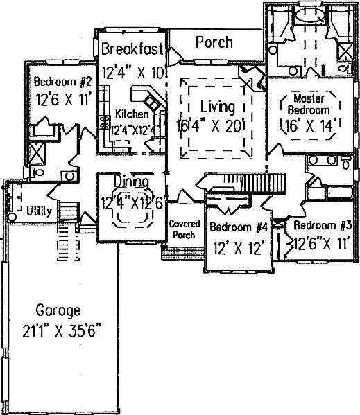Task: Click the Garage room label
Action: [x=58, y=310]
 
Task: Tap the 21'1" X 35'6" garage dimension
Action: [x=62, y=331]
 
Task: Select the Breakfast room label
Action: [x=132, y=48]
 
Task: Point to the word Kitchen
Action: [x=132, y=114]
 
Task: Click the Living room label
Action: [x=218, y=107]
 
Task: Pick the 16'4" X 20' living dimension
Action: [x=210, y=126]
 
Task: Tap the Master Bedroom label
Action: [x=309, y=105]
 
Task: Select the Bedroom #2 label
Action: [x=63, y=81]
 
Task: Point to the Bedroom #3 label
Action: [x=323, y=225]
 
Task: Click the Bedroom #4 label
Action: [x=239, y=227]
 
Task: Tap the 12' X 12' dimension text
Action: [x=239, y=249]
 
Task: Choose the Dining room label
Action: [x=131, y=182]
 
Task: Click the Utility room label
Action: [x=40, y=211]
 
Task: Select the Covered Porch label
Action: [x=185, y=229]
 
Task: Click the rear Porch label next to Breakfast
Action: [x=214, y=42]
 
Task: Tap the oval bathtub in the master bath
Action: [x=310, y=15]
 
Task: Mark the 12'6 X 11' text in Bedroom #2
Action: [x=63, y=100]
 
